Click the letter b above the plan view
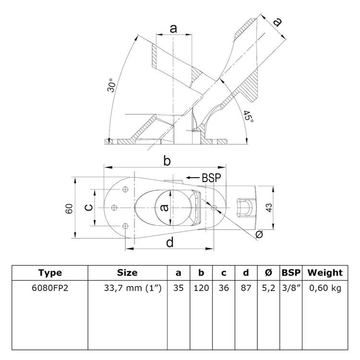167,162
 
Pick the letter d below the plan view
169,243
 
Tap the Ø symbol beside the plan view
260,235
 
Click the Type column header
50,273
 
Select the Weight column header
325,273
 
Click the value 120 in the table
202,289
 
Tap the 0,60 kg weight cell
325,289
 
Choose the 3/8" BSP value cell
291,289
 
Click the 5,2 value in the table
268,289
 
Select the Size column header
127,273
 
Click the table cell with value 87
246,289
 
